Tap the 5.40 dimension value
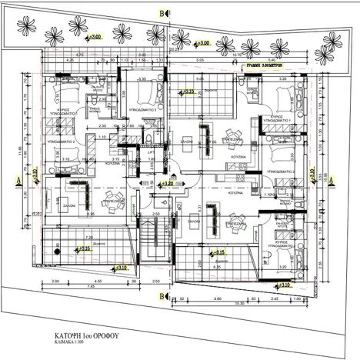[x=272, y=59]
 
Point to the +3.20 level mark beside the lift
[x=165, y=184]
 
